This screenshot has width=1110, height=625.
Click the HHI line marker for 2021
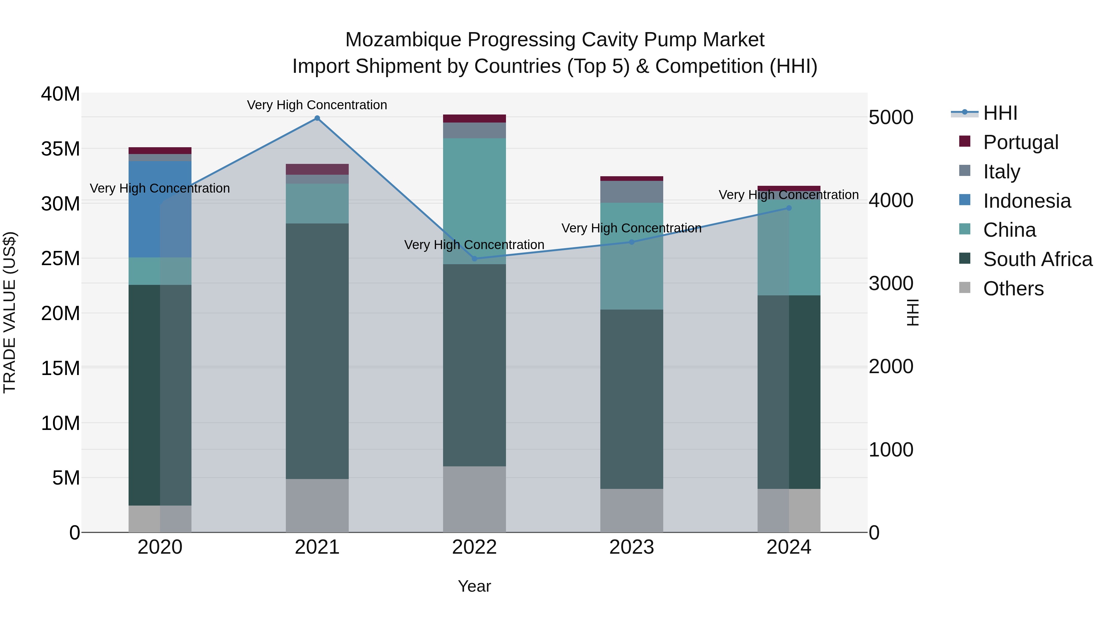pyautogui.click(x=317, y=118)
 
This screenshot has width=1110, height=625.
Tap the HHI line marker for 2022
pyautogui.click(x=475, y=259)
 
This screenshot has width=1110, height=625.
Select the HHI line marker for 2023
pyautogui.click(x=632, y=242)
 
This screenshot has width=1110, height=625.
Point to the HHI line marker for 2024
pyautogui.click(x=789, y=208)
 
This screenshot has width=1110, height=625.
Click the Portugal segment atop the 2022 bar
pyautogui.click(x=475, y=119)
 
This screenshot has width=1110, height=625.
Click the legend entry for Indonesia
pyautogui.click(x=1027, y=201)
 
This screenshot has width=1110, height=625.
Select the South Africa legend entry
pyautogui.click(x=1037, y=259)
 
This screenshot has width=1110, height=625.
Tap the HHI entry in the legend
pyautogui.click(x=1000, y=113)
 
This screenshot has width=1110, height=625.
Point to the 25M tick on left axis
pyautogui.click(x=60, y=258)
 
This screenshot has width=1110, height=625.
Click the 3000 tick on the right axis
pyautogui.click(x=891, y=283)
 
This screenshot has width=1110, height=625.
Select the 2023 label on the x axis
pyautogui.click(x=632, y=547)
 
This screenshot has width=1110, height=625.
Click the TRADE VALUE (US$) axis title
pyautogui.click(x=10, y=312)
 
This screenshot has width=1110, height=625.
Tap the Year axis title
pyautogui.click(x=475, y=586)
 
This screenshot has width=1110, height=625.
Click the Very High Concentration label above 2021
pyautogui.click(x=317, y=105)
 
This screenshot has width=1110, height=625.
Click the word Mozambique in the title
pyautogui.click(x=403, y=40)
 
